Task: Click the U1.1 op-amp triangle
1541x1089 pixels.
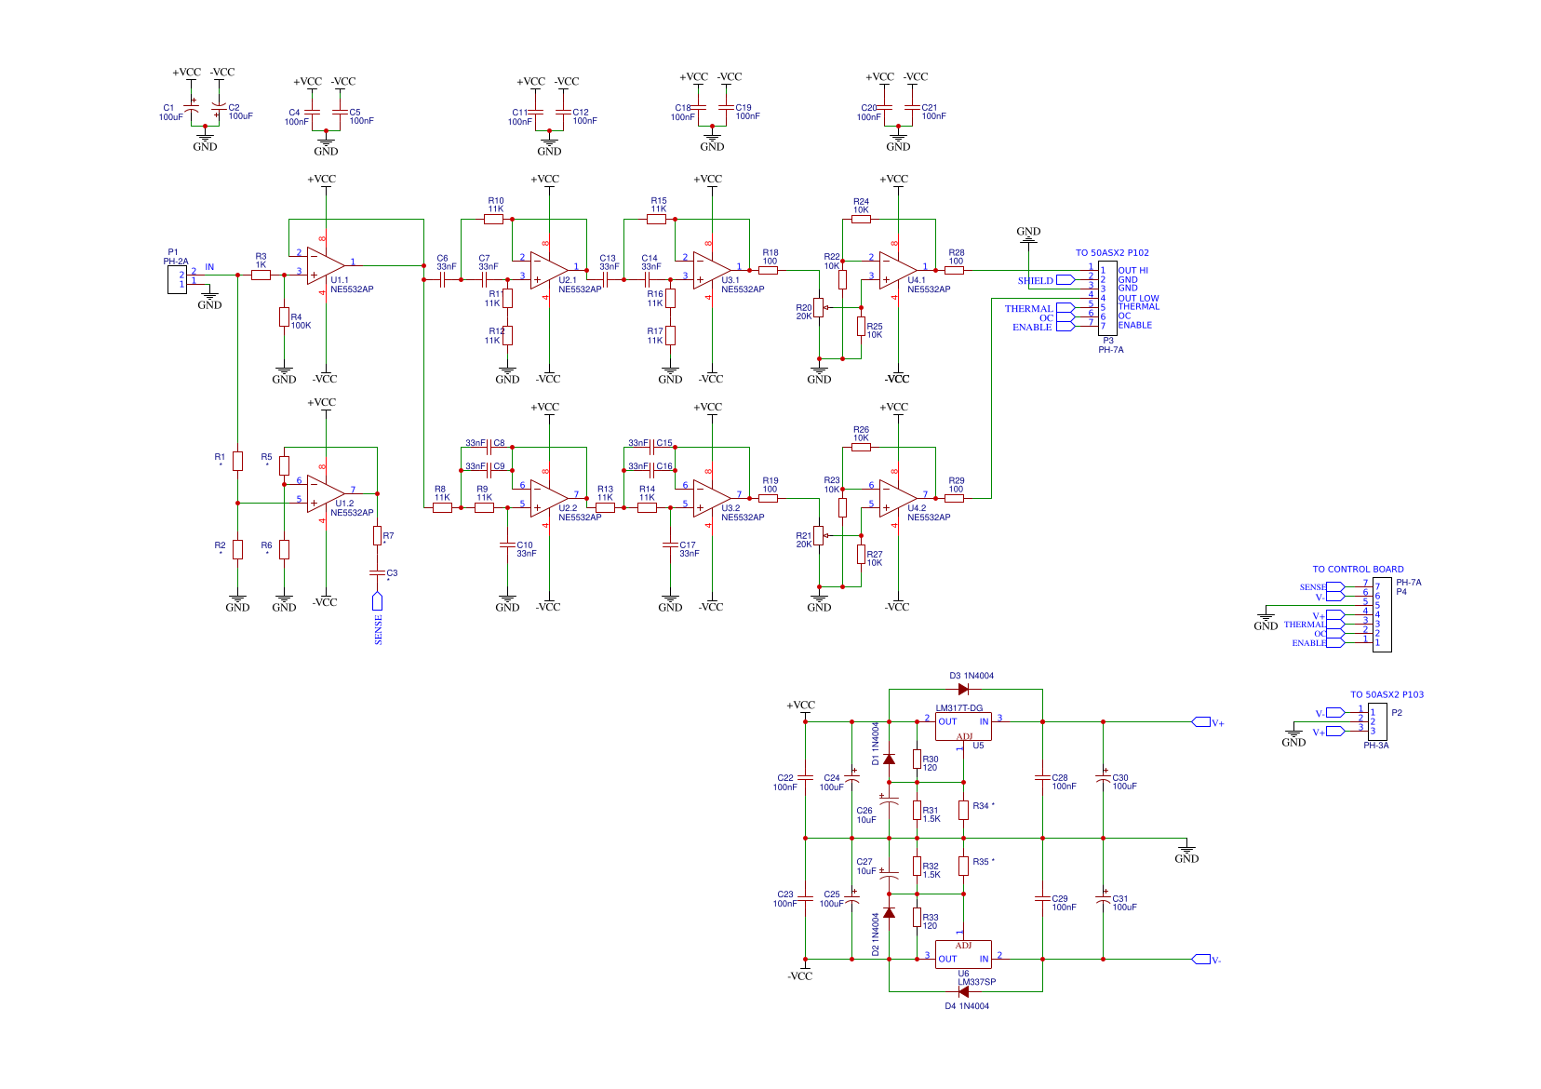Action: coord(324,265)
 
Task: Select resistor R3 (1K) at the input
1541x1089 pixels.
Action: coord(261,275)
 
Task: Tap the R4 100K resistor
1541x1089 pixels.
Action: coord(284,317)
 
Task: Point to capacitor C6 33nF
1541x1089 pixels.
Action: coord(443,279)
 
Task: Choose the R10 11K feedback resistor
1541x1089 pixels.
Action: coord(493,220)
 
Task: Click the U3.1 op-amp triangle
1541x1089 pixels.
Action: coord(710,270)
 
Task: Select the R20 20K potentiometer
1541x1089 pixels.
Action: coord(819,308)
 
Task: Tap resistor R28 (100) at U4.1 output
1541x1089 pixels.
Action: coord(954,271)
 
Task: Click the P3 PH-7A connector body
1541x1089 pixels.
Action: coord(1107,298)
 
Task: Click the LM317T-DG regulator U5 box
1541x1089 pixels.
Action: coord(963,726)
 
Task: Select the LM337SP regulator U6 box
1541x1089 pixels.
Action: coord(963,954)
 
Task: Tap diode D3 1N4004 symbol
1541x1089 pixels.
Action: coord(963,689)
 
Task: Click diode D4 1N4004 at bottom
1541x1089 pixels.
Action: coord(963,991)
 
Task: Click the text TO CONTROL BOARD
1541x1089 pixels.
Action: coord(1358,569)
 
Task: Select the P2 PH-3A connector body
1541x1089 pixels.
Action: coord(1377,721)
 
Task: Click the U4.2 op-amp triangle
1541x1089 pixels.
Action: coord(896,498)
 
